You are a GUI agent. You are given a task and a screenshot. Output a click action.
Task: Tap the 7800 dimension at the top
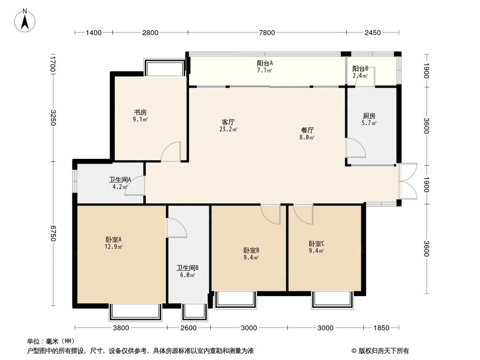point(267,33)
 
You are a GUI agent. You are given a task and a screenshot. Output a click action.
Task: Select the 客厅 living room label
point(228,122)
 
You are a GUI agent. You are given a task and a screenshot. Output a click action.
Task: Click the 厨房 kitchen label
point(369,116)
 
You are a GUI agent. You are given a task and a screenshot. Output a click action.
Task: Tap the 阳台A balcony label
point(265,63)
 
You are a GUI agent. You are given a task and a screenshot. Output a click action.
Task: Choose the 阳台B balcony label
point(360,69)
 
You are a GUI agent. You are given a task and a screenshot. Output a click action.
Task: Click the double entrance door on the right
point(407,180)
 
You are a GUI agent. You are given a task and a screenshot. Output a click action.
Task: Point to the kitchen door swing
point(356,148)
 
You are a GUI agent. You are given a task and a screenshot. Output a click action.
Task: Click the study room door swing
point(171,151)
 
